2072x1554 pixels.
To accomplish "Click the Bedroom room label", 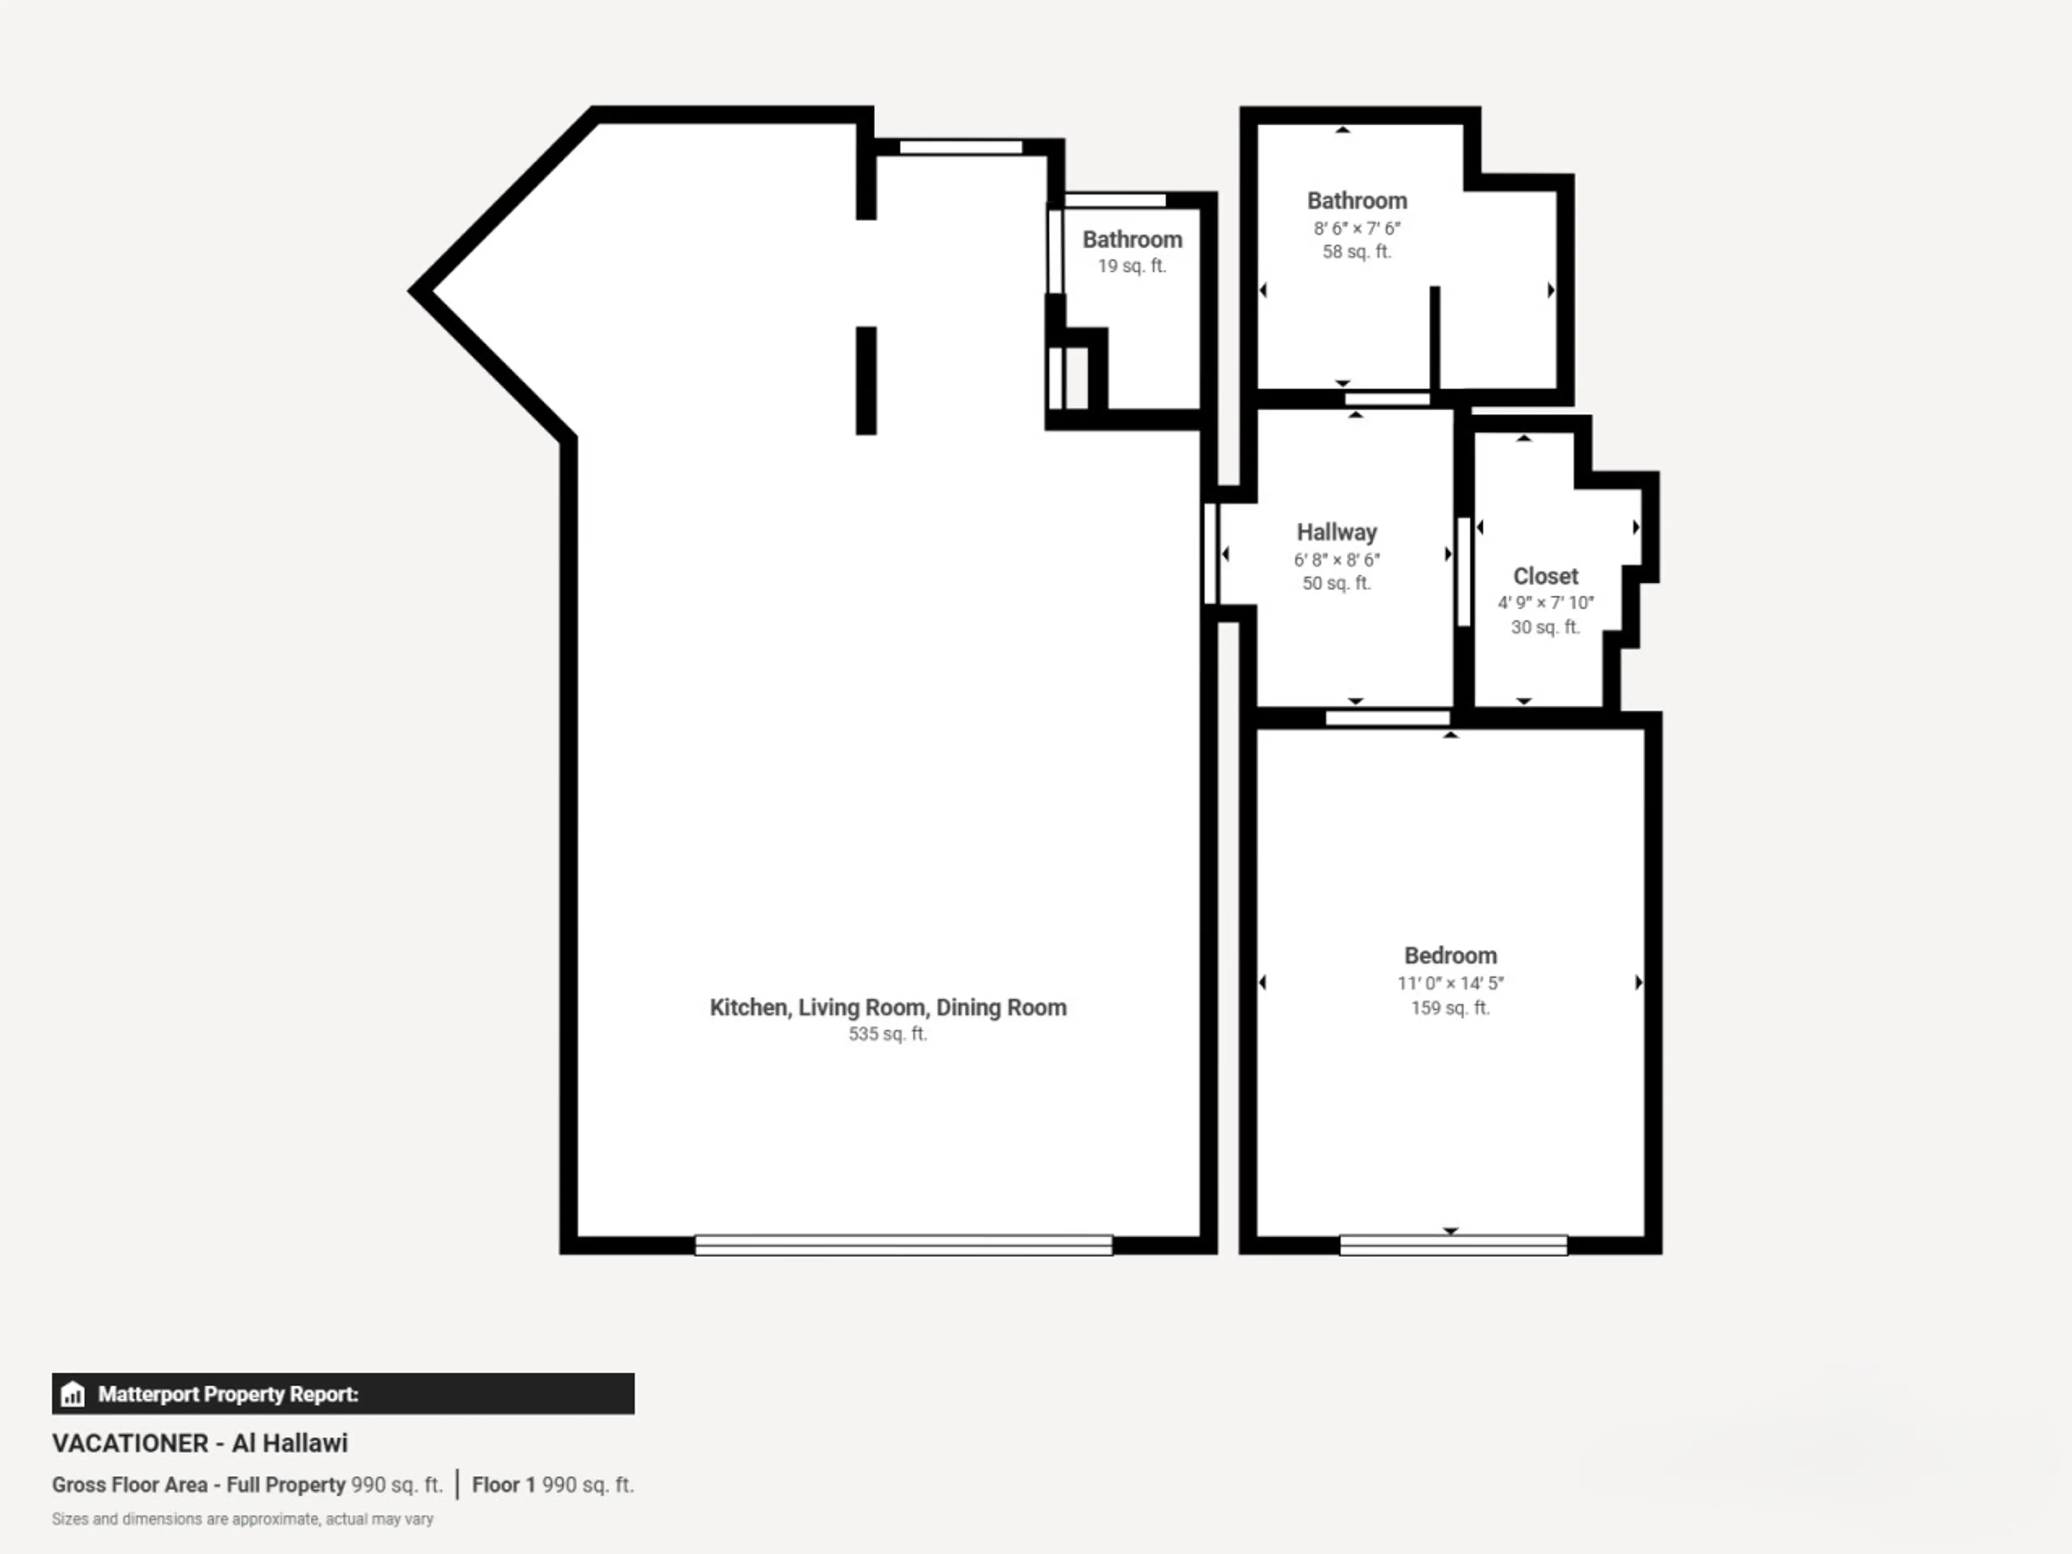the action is [x=1450, y=956].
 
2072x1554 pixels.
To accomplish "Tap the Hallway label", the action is [x=1337, y=532].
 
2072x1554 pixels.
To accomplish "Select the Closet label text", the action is [x=1545, y=576].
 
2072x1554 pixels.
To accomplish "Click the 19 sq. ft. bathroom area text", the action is [x=1132, y=266].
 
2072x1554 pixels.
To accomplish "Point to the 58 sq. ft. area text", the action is [x=1357, y=252].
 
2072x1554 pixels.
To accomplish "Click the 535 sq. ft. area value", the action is [x=887, y=1034].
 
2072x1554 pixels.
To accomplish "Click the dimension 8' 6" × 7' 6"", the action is [x=1357, y=228].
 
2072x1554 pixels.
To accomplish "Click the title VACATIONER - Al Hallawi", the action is [x=200, y=1443].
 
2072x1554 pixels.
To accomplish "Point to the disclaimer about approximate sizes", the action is [x=243, y=1519].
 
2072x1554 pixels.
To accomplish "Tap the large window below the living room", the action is [x=903, y=1245].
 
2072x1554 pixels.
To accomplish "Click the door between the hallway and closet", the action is [x=1464, y=571].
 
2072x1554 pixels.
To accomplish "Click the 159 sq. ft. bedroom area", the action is [x=1450, y=1008].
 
